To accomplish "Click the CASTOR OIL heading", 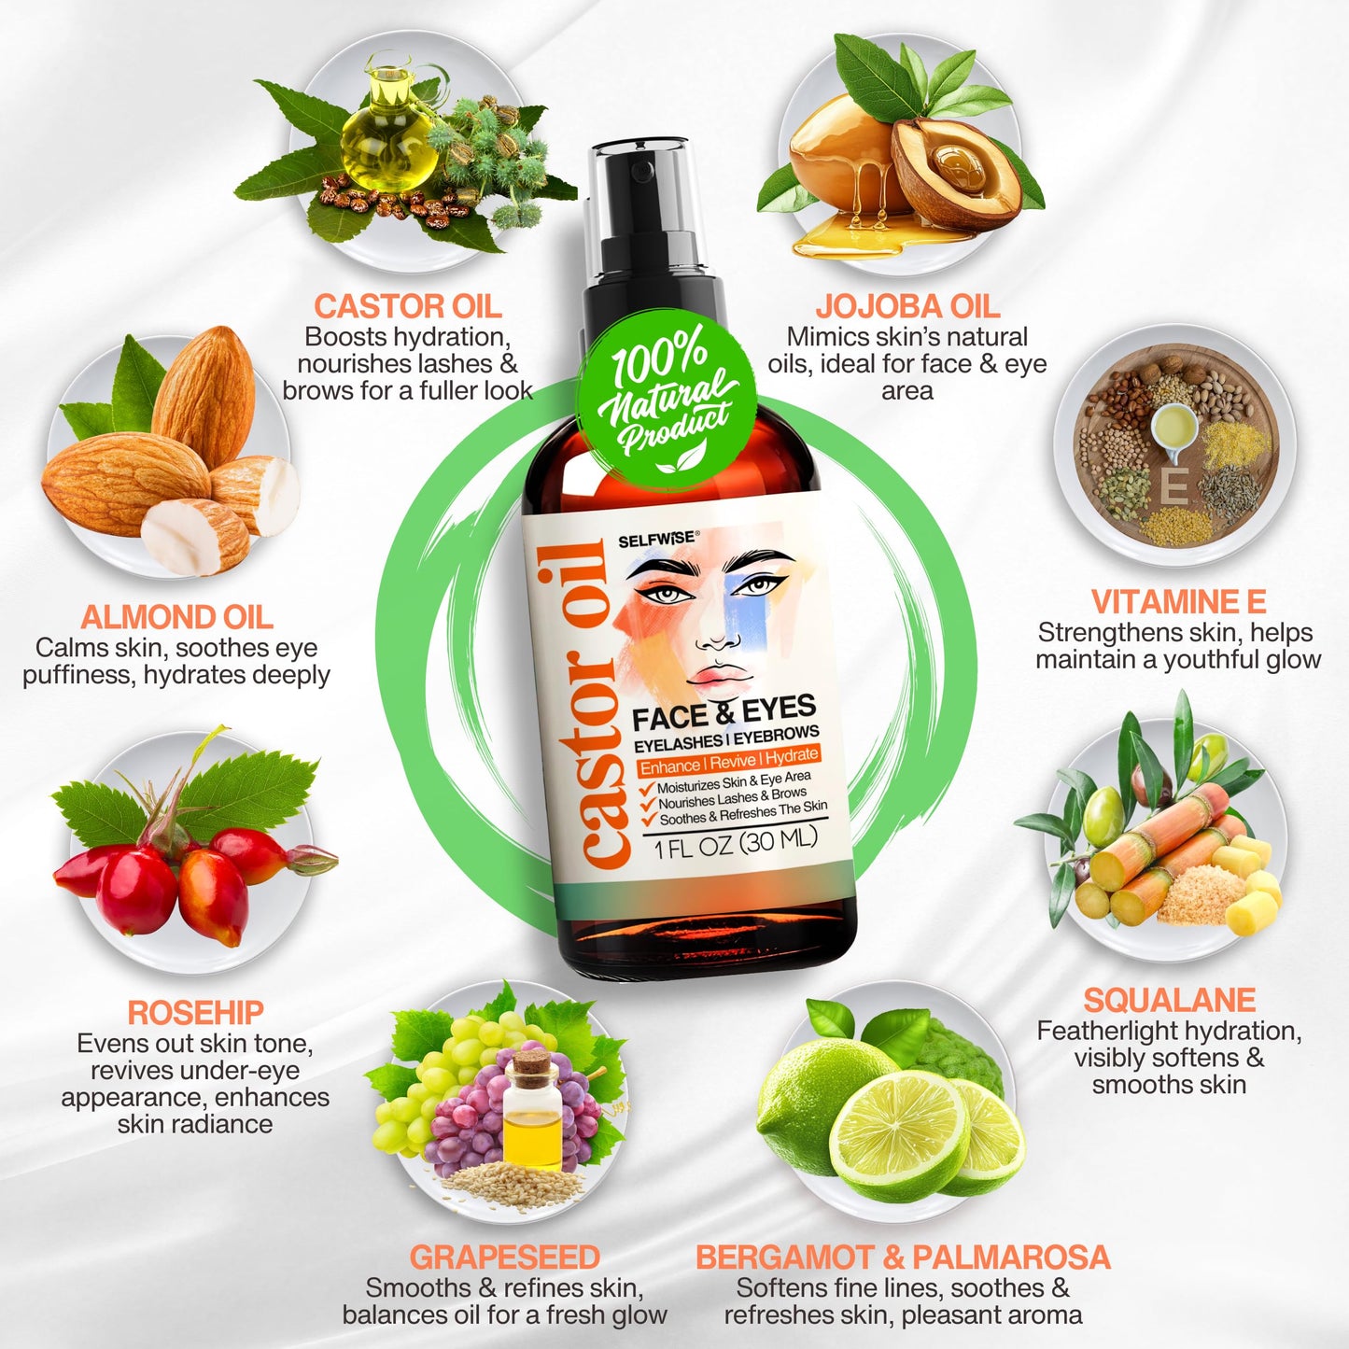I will tap(407, 306).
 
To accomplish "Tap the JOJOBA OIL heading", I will tap(906, 306).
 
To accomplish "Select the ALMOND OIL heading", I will tap(176, 617).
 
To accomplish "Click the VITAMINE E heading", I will tap(1178, 601).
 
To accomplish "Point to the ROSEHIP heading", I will tap(195, 1012).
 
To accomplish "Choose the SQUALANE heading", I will tap(1169, 1000).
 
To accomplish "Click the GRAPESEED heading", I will tap(504, 1257).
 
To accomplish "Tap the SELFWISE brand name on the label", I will tap(656, 539).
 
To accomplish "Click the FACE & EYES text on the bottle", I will tap(724, 712).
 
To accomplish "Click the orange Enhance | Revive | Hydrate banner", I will tap(728, 761).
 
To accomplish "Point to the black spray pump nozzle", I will tap(653, 187).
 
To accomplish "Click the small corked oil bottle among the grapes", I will tap(532, 1111).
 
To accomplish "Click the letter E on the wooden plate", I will tap(1173, 486).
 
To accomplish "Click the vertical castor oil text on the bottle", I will tap(592, 705).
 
